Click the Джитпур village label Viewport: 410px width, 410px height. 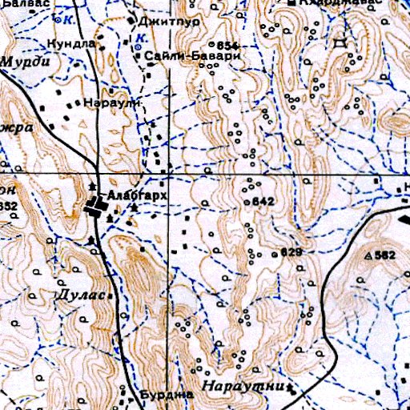click(158, 22)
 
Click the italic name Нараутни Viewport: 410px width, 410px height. click(243, 385)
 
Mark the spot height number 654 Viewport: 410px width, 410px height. click(227, 44)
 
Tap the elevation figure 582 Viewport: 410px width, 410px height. click(385, 255)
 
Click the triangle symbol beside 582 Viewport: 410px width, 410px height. click(368, 255)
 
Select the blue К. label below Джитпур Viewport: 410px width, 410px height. click(141, 37)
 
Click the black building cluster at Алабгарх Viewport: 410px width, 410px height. click(97, 208)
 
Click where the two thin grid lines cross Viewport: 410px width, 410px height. click(168, 174)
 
